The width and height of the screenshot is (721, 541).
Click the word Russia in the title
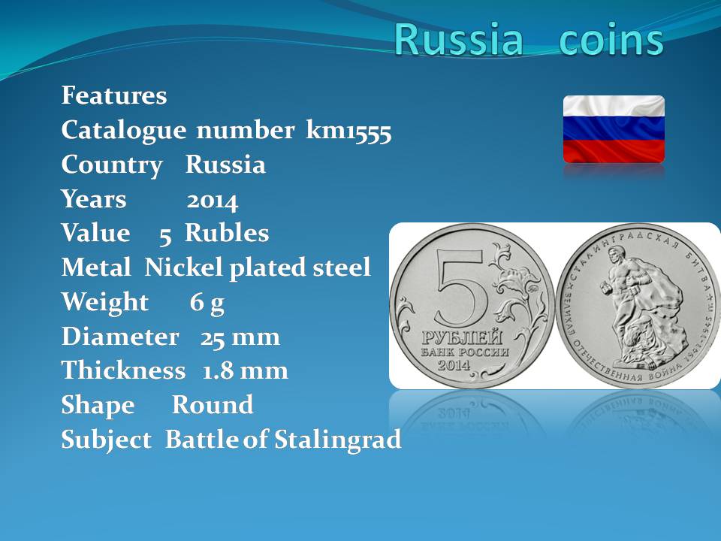click(458, 38)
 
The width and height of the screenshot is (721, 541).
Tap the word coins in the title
click(611, 38)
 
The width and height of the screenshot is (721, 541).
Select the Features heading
click(114, 95)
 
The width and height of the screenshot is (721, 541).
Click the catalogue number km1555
click(348, 130)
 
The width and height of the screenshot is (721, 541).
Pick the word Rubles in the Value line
click(227, 233)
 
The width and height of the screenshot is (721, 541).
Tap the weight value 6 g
click(207, 303)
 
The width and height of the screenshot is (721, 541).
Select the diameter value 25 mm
click(240, 337)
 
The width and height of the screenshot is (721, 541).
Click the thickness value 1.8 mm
click(245, 370)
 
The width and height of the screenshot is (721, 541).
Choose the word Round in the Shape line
click(213, 405)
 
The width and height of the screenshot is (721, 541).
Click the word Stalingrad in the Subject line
click(338, 440)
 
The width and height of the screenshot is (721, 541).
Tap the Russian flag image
click(614, 129)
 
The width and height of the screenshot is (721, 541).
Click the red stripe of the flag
click(614, 151)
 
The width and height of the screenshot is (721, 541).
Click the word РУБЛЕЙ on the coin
click(462, 337)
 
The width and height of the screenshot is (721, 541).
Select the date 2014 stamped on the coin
click(454, 365)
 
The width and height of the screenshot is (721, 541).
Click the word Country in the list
click(112, 165)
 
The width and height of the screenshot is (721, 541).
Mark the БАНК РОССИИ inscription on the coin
click(465, 352)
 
